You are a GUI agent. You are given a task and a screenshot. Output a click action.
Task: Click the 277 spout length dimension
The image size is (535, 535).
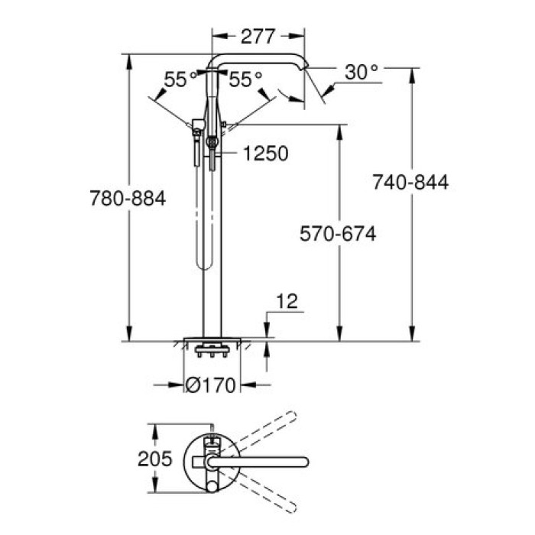click(x=258, y=35)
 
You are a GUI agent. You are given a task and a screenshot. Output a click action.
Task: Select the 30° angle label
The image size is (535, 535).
click(x=361, y=73)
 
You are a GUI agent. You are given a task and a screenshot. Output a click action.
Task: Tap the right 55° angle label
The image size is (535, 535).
click(x=245, y=79)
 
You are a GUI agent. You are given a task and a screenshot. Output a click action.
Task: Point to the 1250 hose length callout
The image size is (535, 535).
click(x=265, y=154)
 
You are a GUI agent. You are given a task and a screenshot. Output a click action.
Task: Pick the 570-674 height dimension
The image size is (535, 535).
click(x=336, y=235)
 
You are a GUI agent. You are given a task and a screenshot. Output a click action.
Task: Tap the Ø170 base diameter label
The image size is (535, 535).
click(x=211, y=385)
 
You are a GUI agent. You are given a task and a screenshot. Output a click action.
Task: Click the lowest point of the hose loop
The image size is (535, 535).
click(x=203, y=267)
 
